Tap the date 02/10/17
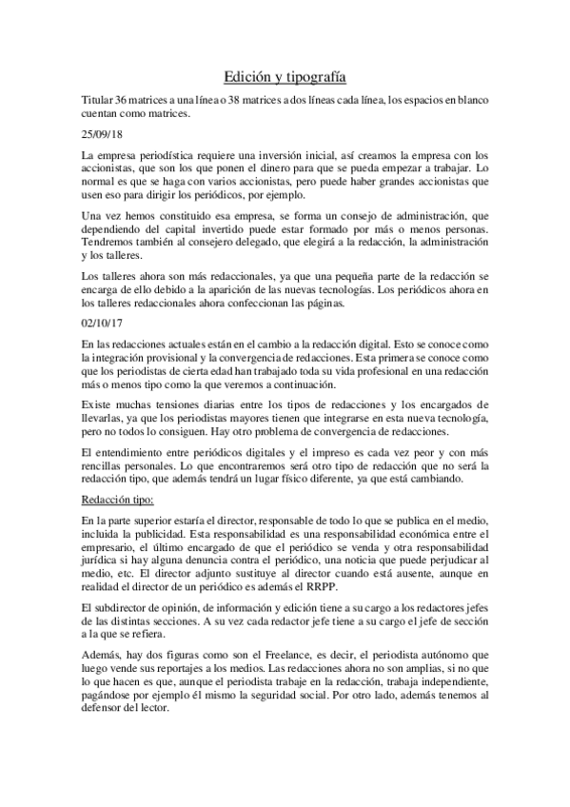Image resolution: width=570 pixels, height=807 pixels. tap(102, 322)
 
